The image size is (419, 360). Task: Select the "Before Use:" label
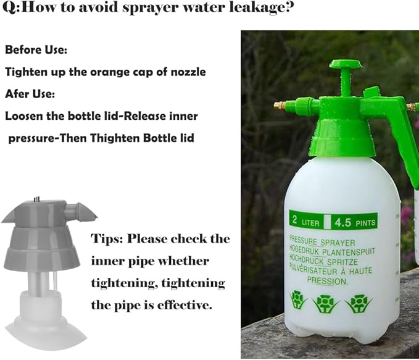click(x=36, y=49)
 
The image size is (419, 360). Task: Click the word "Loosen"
click(x=25, y=115)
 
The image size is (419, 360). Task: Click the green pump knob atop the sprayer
click(x=345, y=65)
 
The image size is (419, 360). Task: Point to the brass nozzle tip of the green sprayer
click(x=280, y=106)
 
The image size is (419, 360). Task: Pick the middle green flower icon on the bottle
click(x=325, y=303)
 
